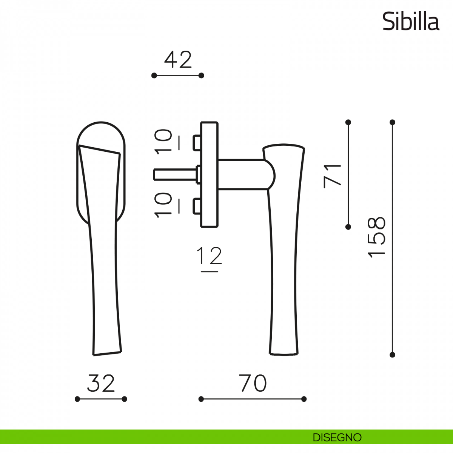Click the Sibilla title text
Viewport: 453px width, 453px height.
pyautogui.click(x=411, y=22)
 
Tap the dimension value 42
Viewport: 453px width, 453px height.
pyautogui.click(x=178, y=60)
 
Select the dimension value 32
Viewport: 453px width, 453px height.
pyautogui.click(x=101, y=383)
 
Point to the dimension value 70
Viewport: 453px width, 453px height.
pyautogui.click(x=253, y=383)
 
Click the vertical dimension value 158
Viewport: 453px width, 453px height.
pyautogui.click(x=376, y=237)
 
